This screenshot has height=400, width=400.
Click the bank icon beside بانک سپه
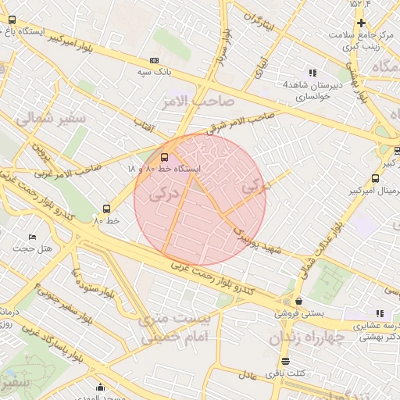click(x=154, y=60)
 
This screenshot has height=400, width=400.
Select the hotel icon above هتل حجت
click(x=32, y=237)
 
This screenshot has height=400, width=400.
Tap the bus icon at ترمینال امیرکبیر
click(x=376, y=179)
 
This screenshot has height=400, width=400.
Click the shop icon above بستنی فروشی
click(x=299, y=301)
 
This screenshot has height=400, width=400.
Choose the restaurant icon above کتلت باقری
click(x=285, y=362)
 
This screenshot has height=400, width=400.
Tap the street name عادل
click(x=248, y=375)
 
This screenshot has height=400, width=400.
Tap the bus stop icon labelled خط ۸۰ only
click(x=107, y=209)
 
